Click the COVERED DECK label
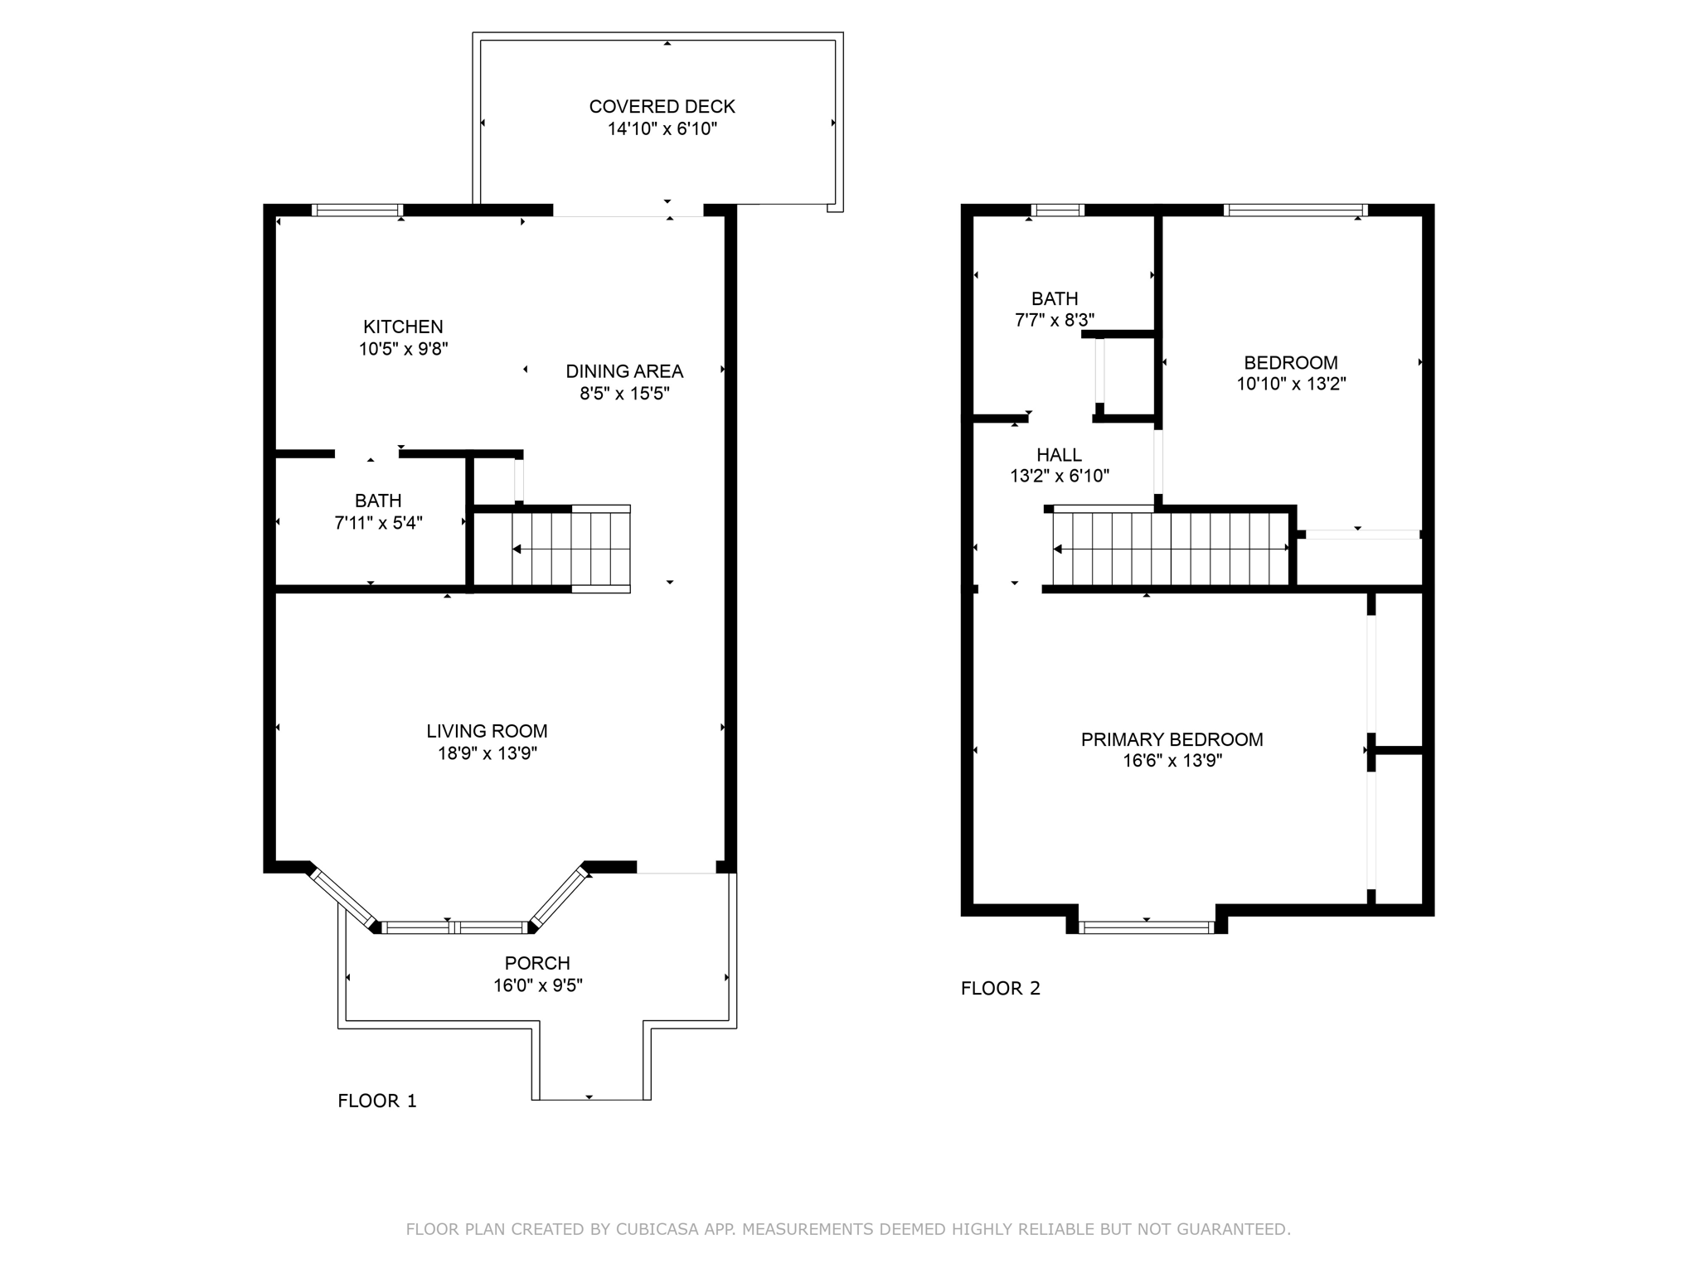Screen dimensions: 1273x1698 pos(662,106)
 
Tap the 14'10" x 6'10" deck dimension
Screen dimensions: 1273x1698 pos(662,128)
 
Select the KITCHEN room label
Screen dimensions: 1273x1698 pos(403,327)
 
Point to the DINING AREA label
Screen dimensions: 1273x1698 pos(624,371)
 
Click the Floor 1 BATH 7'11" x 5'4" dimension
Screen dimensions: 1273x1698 pos(378,523)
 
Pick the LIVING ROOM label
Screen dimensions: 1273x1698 pos(487,731)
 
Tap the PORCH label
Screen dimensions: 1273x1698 pos(537,963)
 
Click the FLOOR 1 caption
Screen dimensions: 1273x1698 pos(377,1101)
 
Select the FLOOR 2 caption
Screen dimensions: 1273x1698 pos(1000,988)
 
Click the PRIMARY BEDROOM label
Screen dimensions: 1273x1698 pos(1172,739)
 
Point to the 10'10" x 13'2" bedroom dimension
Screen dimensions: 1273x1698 pos(1291,384)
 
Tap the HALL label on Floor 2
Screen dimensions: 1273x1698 pos(1059,455)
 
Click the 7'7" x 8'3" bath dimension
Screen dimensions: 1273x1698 pos(1055,320)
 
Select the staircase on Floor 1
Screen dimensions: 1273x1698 pos(570,549)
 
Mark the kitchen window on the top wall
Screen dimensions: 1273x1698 pos(357,211)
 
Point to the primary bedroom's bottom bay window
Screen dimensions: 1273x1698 pos(1147,927)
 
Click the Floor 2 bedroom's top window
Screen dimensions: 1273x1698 pos(1295,211)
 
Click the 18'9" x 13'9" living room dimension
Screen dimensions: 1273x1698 pos(487,753)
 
